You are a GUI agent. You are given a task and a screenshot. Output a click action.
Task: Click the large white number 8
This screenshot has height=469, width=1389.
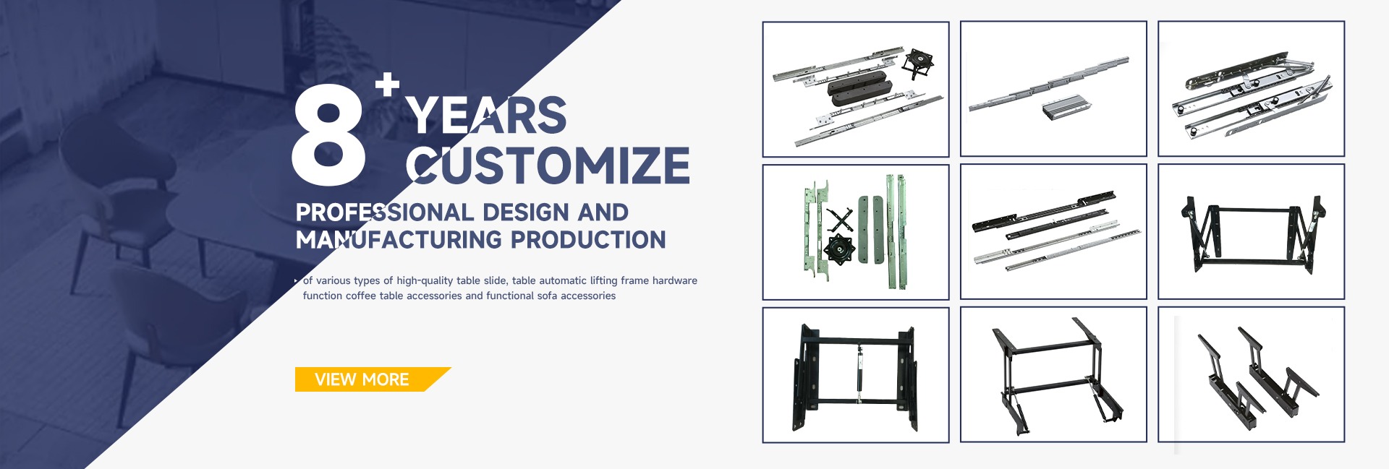(x=328, y=134)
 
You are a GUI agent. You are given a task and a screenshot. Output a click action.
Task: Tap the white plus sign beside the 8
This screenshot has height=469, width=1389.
(x=387, y=84)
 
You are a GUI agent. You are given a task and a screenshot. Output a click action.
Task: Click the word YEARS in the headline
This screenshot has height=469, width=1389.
(x=486, y=115)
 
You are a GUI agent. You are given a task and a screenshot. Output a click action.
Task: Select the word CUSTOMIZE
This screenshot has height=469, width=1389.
(x=548, y=165)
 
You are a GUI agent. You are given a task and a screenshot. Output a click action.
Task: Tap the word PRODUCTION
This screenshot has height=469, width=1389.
(x=588, y=240)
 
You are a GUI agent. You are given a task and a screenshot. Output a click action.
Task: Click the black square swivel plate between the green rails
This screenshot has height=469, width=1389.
(x=839, y=249)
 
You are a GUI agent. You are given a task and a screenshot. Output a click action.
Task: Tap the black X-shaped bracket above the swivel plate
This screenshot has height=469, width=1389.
(x=840, y=220)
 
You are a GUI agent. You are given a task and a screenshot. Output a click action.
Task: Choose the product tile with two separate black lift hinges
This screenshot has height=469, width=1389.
(x=1251, y=374)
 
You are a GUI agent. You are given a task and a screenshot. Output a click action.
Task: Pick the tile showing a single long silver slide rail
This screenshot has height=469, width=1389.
(x=1053, y=88)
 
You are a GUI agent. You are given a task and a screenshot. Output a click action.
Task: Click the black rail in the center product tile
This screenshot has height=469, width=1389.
(x=1043, y=211)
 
